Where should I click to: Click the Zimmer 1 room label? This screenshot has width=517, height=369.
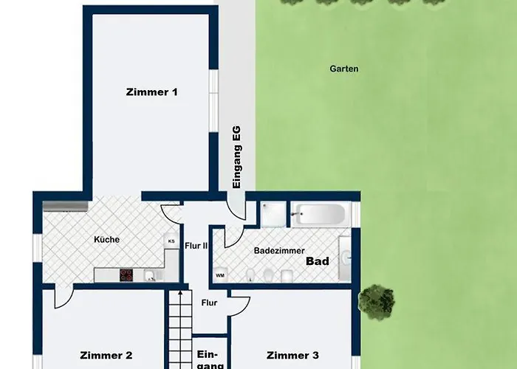click(x=151, y=92)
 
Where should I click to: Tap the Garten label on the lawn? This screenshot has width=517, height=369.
click(x=344, y=69)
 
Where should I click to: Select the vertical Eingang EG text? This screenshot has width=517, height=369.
click(x=237, y=157)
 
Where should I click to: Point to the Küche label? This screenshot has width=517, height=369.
click(x=106, y=240)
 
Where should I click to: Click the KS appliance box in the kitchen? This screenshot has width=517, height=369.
click(x=171, y=241)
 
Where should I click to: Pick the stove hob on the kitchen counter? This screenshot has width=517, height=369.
click(x=126, y=275)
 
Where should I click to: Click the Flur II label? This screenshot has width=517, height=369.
click(x=196, y=246)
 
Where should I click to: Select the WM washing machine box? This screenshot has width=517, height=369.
click(x=220, y=275)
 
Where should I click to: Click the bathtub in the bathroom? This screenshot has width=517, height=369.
click(x=320, y=214)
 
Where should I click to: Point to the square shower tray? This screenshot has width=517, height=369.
click(x=274, y=214)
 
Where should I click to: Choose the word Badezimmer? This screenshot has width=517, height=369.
click(x=279, y=251)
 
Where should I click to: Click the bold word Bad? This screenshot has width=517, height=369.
click(x=318, y=261)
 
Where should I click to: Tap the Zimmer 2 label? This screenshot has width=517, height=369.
click(x=106, y=356)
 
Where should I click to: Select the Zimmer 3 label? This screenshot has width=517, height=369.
click(x=292, y=356)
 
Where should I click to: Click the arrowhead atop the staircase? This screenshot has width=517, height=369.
click(x=180, y=292)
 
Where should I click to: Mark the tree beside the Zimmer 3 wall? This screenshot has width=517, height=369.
click(x=377, y=302)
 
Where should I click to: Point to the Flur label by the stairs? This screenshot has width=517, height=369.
click(x=209, y=303)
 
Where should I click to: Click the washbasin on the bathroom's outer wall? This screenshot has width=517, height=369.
click(x=345, y=258)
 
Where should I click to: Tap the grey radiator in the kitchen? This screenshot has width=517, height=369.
click(x=66, y=206)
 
